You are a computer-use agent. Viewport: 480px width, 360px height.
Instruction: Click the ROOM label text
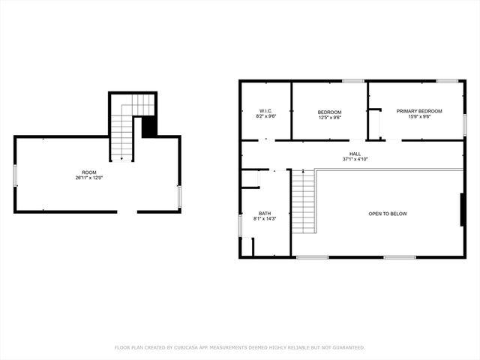click(89, 172)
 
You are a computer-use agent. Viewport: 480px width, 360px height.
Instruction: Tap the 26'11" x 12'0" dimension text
click(89, 178)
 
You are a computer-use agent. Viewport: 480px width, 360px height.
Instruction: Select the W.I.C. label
click(265, 112)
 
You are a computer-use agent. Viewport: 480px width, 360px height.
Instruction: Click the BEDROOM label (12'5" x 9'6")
click(330, 112)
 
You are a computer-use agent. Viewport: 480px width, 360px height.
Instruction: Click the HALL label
click(355, 154)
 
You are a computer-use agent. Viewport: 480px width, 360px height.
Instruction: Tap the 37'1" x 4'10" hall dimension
click(355, 159)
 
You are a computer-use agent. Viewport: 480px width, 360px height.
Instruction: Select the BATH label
click(265, 213)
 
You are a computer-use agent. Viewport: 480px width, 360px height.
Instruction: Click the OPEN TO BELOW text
click(387, 214)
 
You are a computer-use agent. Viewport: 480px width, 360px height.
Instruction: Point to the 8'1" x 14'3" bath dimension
click(265, 219)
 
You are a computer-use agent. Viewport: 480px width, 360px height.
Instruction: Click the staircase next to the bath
click(301, 202)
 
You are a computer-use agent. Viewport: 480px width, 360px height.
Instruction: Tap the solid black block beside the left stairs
click(150, 125)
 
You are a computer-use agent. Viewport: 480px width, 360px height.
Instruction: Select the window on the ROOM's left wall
click(15, 175)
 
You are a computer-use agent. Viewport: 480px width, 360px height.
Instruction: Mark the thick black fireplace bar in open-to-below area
click(460, 210)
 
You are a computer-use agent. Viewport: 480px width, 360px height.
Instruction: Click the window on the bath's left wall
click(240, 225)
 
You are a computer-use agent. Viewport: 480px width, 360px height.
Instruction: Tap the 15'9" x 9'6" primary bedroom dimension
click(419, 117)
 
